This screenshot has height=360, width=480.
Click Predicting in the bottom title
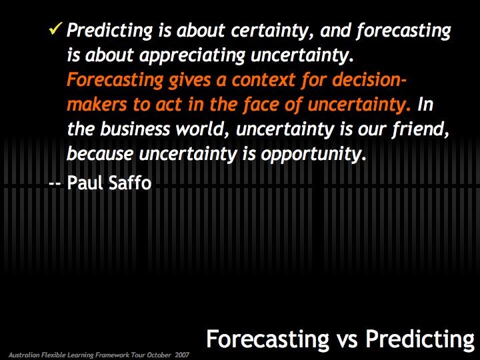419,339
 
